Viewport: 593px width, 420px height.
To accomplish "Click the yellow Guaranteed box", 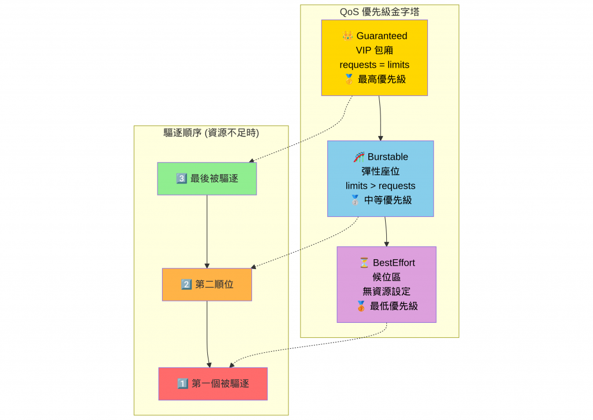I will [x=374, y=57].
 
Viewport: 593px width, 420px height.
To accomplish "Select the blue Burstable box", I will [x=380, y=178].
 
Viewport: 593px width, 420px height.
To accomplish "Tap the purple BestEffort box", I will [x=386, y=284].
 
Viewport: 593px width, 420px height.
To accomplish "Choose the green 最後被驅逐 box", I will [x=207, y=178].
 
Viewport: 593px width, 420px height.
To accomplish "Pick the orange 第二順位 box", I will [x=207, y=284].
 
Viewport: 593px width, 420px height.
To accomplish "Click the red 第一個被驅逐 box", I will [x=213, y=383].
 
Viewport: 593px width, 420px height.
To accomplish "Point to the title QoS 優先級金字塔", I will [x=379, y=12].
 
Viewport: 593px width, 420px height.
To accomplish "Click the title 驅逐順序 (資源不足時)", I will [x=211, y=132].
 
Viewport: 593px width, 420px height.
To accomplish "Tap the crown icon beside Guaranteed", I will [x=347, y=36].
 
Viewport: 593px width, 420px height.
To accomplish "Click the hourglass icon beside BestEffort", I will [x=364, y=263].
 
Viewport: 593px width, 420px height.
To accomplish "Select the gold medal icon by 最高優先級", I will [x=349, y=79].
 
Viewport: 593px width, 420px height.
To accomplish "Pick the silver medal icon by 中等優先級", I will [x=355, y=200].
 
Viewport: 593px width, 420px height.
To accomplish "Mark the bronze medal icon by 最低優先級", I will [x=361, y=306].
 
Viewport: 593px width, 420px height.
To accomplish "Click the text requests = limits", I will [x=374, y=65].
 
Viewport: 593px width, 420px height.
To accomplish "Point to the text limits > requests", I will [x=380, y=186].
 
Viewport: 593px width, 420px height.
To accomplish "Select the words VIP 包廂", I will [x=374, y=50].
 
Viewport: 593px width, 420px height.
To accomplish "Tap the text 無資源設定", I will [x=386, y=292].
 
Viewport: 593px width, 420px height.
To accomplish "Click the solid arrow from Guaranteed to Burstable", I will [x=380, y=119].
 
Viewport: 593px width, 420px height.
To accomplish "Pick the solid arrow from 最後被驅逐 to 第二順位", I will [x=207, y=231].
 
